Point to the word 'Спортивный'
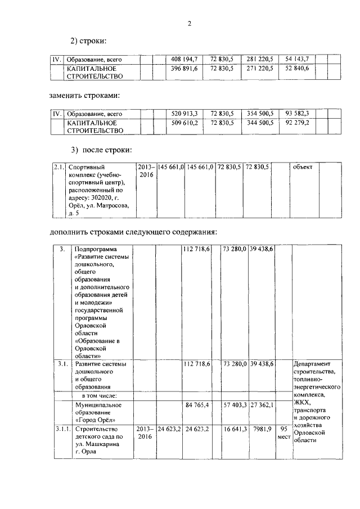(x=85, y=167)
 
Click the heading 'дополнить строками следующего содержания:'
(x=133, y=232)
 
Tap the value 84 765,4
(x=195, y=404)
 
